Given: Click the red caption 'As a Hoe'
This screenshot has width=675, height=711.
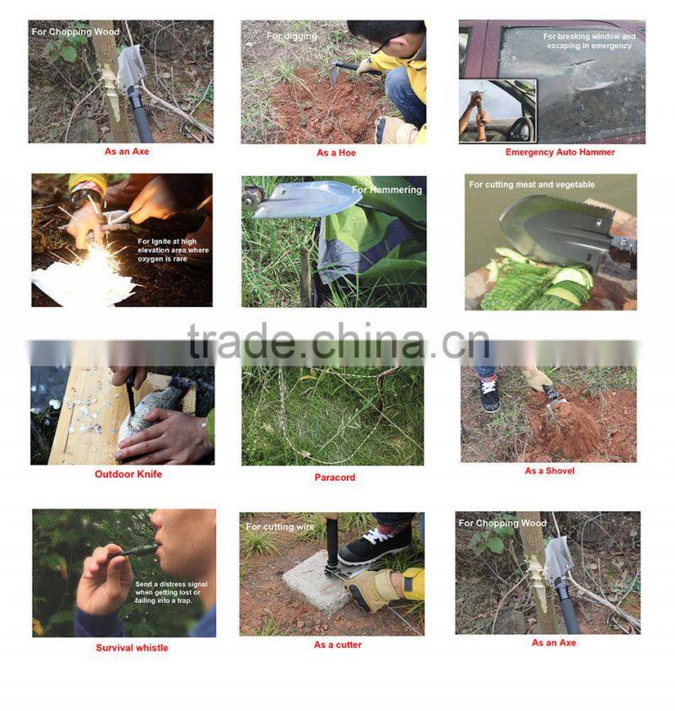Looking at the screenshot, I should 334,153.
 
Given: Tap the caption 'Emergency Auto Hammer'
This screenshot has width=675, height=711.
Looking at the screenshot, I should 559,152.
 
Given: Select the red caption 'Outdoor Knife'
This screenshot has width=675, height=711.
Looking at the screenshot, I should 128,474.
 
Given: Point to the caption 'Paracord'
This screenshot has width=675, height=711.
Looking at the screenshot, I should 335,477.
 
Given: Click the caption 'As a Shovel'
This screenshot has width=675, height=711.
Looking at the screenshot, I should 549,471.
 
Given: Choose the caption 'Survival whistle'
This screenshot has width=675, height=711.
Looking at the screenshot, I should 132,648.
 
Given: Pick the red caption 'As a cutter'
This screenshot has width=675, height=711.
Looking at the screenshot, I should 337,644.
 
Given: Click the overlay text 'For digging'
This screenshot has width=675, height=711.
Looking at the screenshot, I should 292,36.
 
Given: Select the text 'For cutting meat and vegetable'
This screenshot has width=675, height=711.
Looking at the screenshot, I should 532,184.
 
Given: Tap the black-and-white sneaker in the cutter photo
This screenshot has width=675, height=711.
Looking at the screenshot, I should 375,544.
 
